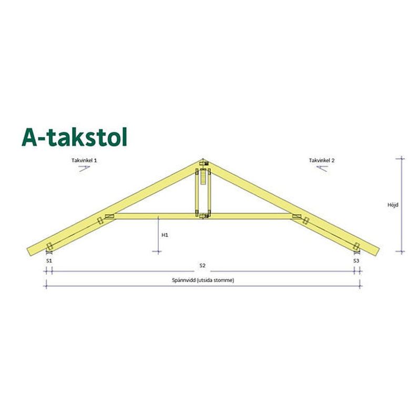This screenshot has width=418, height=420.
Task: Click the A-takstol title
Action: pyautogui.click(x=74, y=136)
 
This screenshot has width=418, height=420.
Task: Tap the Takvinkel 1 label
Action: pyautogui.click(x=86, y=159)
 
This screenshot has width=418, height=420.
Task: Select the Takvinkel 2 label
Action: pyautogui.click(x=322, y=159)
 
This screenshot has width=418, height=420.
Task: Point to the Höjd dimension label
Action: pyautogui.click(x=392, y=205)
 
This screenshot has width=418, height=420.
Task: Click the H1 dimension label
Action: pyautogui.click(x=165, y=235)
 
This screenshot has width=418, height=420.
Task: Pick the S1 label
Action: pyautogui.click(x=48, y=260)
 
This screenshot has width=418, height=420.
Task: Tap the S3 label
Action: pyautogui.click(x=356, y=260)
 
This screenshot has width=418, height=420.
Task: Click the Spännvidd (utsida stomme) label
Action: pyautogui.click(x=202, y=280)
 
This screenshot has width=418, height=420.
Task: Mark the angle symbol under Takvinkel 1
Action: pyautogui.click(x=86, y=168)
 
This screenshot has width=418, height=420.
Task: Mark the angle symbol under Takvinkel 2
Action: pyautogui.click(x=322, y=168)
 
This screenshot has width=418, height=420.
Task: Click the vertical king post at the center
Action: pyautogui.click(x=203, y=192)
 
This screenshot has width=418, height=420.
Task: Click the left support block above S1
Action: pyautogui.click(x=49, y=247)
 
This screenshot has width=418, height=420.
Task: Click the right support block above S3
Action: pyautogui.click(x=356, y=247)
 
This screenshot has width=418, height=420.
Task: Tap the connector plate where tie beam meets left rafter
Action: pyautogui.click(x=109, y=216)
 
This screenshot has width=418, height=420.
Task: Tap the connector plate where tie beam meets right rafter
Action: pyautogui.click(x=297, y=216)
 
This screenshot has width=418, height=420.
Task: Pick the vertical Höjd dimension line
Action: pyautogui.click(x=403, y=205)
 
